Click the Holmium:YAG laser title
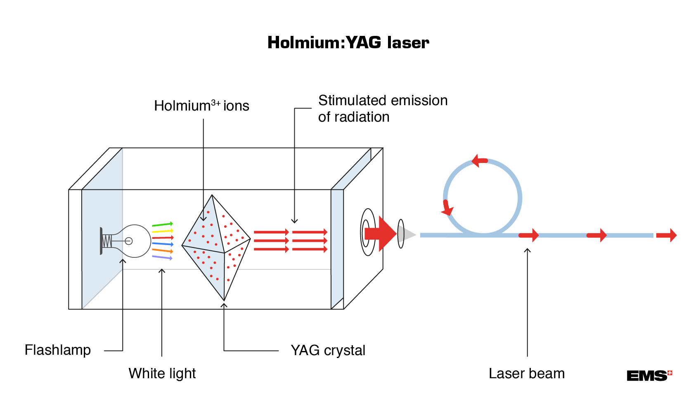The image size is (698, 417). click(348, 43)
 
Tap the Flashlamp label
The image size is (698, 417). click(57, 350)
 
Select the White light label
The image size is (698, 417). click(162, 373)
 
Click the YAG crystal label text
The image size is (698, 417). click(328, 351)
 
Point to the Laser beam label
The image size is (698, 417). click(526, 374)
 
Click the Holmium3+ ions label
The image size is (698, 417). click(201, 106)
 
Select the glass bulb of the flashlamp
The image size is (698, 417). click(138, 241)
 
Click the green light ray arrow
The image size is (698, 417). click(162, 225)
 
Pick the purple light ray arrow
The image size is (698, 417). click(162, 257)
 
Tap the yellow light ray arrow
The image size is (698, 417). click(162, 231)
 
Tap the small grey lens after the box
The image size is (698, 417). click(400, 234)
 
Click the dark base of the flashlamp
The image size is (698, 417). click(102, 241)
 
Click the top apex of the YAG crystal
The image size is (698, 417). click(212, 196)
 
